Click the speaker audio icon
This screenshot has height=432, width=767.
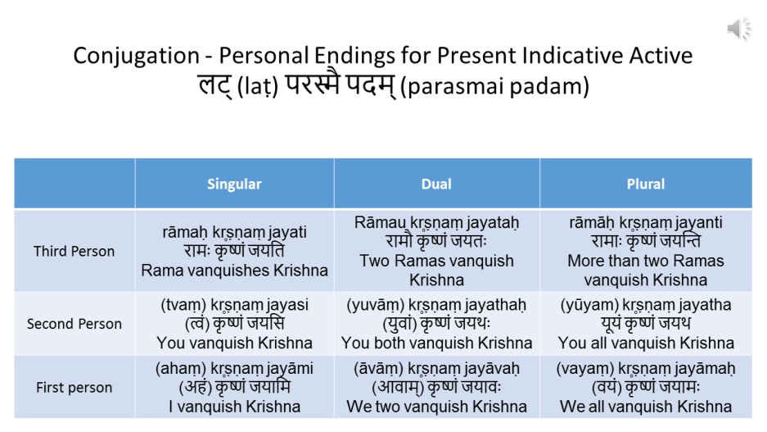[x=738, y=29]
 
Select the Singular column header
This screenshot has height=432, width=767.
[x=234, y=184]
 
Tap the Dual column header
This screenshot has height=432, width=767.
[x=436, y=184]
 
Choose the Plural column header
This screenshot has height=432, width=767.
[x=646, y=184]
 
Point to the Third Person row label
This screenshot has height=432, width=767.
[x=74, y=252]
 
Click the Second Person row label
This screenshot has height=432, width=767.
[x=74, y=324]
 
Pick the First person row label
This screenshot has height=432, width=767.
[x=74, y=388]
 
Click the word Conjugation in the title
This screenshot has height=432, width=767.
[x=137, y=56]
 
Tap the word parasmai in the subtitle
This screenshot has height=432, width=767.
[x=455, y=87]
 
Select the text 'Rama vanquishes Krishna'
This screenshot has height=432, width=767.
[x=234, y=271]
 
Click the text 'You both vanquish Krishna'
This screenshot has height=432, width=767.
[x=436, y=343]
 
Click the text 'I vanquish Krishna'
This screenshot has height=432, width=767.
[x=234, y=407]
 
